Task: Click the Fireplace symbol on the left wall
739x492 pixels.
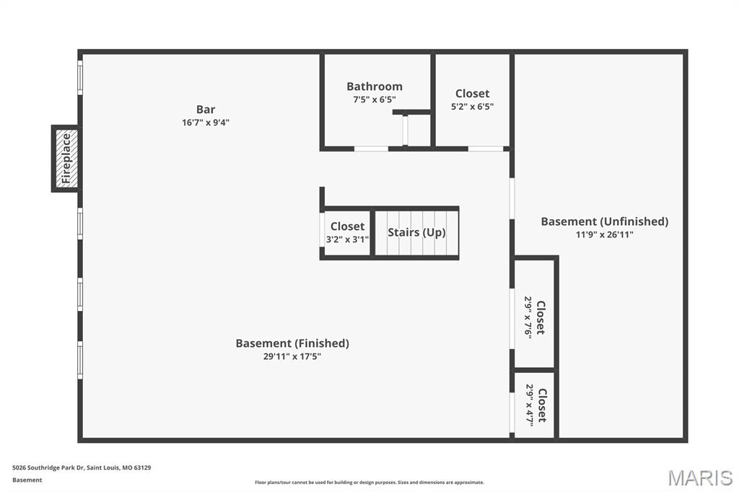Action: (x=66, y=158)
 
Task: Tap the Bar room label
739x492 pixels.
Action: (x=206, y=110)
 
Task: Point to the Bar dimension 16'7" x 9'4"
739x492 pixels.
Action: (x=206, y=123)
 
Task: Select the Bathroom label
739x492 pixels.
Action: (x=375, y=87)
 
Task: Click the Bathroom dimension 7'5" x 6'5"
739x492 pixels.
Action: (x=375, y=100)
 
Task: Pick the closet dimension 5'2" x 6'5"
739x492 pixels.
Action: (x=472, y=107)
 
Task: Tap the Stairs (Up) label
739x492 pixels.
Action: (x=416, y=232)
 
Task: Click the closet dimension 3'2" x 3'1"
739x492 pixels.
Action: (x=347, y=240)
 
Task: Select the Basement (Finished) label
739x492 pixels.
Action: (x=292, y=343)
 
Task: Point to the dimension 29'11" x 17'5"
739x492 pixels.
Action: (x=292, y=356)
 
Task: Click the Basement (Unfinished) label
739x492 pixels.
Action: (x=605, y=221)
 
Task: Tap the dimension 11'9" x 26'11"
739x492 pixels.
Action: (x=605, y=234)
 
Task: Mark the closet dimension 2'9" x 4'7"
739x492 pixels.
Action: (x=530, y=405)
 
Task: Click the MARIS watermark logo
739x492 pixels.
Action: (x=700, y=478)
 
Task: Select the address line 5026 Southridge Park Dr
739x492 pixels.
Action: (x=82, y=468)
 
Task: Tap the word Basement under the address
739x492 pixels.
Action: (x=27, y=480)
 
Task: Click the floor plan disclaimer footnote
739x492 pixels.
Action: (x=369, y=483)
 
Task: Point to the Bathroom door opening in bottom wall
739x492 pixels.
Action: (x=372, y=149)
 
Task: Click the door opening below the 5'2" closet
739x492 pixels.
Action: (x=486, y=149)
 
